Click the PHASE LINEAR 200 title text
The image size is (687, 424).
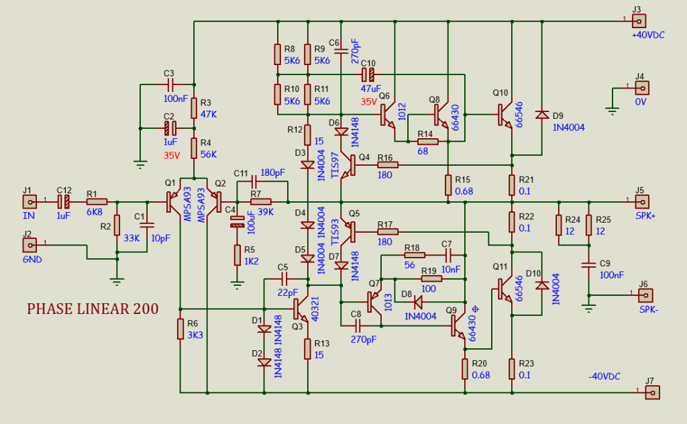point(93,309)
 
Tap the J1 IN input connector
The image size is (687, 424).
point(30,201)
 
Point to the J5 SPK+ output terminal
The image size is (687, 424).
point(641,201)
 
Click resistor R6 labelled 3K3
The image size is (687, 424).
point(180,329)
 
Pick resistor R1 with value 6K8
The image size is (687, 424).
point(97,201)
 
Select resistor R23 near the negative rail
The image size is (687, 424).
point(512,368)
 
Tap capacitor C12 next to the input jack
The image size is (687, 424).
point(64,201)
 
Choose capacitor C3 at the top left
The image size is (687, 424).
point(169,85)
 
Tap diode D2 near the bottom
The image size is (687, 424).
point(264,362)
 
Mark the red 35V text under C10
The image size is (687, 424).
point(370,102)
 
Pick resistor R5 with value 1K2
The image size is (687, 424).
point(237,255)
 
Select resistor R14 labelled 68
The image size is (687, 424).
point(427,142)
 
